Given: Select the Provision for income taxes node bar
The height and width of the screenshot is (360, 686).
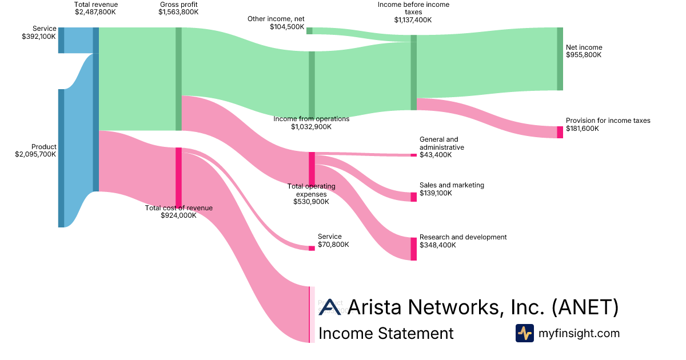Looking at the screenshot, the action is tap(560, 132).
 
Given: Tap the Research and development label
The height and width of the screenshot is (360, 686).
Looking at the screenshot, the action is tap(463, 237).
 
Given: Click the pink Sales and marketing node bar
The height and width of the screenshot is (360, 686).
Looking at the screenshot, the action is tap(413, 197).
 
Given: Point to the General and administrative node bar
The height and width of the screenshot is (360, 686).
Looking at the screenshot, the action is tap(413, 155).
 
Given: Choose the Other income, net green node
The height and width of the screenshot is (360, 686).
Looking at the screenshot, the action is tap(309, 30).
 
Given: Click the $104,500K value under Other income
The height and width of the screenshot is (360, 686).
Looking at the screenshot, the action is tap(288, 26).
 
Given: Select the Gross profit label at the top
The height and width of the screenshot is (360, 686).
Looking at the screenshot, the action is tap(178, 5).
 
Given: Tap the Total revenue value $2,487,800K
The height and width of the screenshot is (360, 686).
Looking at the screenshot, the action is tap(96, 12).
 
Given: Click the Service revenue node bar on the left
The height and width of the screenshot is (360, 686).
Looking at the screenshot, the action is tap(61, 40).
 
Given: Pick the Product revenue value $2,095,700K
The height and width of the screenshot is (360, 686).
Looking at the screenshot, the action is tap(35, 154).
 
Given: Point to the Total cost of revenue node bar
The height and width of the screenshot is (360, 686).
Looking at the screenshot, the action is tap(178, 178).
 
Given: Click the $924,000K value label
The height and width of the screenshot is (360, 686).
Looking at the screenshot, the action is tap(178, 215).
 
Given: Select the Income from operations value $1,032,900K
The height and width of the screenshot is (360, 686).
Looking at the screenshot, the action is tap(311, 127).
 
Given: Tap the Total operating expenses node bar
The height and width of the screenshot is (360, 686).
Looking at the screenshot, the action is tap(312, 169).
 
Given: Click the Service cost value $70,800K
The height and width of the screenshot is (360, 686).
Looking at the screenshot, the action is tap(333, 245).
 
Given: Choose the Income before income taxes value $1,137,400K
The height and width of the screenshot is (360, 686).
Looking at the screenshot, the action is tap(413, 19).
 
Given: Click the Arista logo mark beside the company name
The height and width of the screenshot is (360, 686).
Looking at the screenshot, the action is tap(330, 307).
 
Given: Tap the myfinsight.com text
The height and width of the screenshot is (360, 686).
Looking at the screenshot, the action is tap(579, 333).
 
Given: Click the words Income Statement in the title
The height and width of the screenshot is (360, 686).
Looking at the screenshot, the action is tap(386, 333).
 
